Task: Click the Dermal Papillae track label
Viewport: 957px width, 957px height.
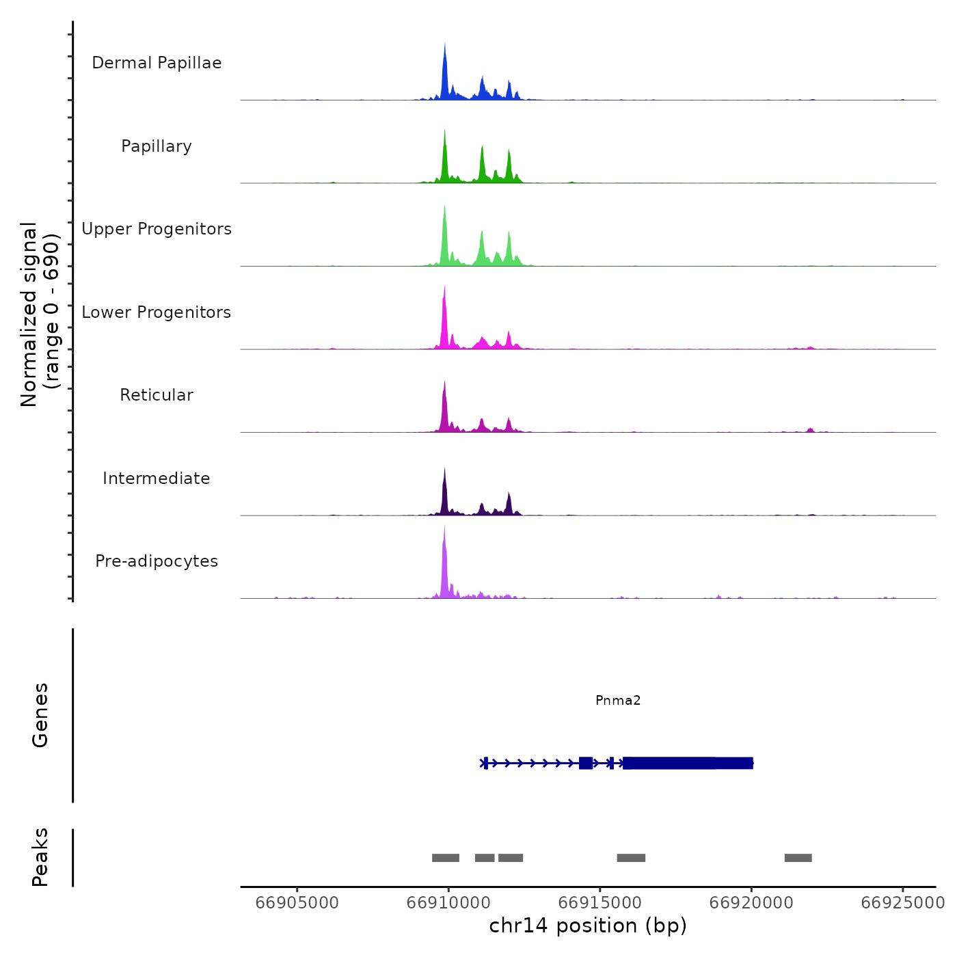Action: click(x=157, y=63)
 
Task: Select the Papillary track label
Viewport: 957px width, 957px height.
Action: click(x=157, y=146)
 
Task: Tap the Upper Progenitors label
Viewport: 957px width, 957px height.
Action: click(x=157, y=229)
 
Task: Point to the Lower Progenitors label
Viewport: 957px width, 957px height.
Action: click(x=157, y=312)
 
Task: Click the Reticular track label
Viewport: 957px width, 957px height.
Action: click(x=157, y=395)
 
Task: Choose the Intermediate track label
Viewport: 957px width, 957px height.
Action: click(x=157, y=478)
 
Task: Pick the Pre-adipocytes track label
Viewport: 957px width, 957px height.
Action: click(x=157, y=561)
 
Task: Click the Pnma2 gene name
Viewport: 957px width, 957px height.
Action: click(x=618, y=700)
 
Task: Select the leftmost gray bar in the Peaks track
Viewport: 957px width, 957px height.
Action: click(x=446, y=858)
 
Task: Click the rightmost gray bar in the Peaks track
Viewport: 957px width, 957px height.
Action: click(x=798, y=858)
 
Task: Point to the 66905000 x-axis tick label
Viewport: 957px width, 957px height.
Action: click(x=297, y=902)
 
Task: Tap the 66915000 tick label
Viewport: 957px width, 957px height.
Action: click(x=599, y=902)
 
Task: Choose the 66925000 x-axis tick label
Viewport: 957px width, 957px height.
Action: click(x=902, y=902)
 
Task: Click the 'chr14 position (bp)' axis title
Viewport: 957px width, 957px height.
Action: click(x=588, y=926)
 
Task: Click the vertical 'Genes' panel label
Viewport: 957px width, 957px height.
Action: click(x=40, y=715)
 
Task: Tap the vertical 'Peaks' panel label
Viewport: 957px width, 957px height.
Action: click(x=40, y=857)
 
